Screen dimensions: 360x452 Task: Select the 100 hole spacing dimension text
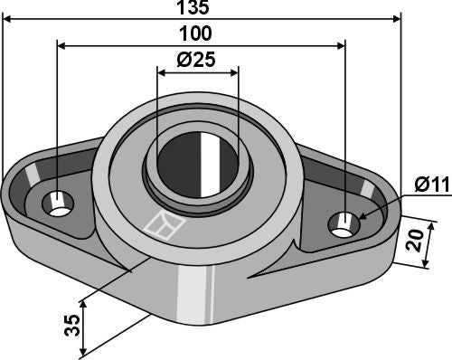tap(196, 34)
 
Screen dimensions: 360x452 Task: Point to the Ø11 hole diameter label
tap(431, 185)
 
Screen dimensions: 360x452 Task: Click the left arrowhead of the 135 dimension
tap(7, 16)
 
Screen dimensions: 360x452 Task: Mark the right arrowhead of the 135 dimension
tap(395, 16)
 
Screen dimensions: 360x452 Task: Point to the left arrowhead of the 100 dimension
tap(62, 43)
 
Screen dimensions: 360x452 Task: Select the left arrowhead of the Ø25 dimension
tap(161, 69)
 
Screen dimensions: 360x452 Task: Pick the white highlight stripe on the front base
tap(192, 295)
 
